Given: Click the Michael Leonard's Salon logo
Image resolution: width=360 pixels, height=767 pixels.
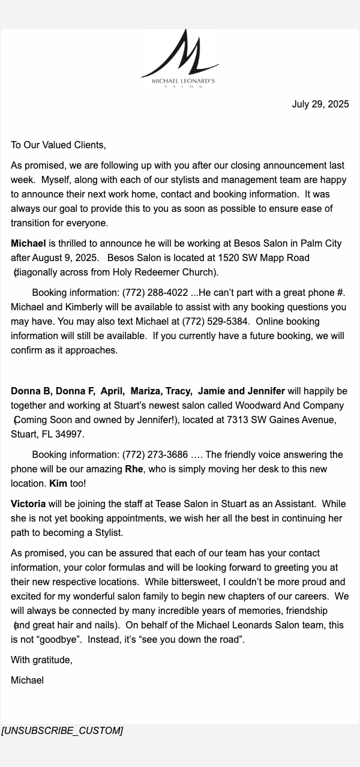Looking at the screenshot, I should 180,59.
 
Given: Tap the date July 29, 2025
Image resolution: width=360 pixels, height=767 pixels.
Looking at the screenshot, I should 320,104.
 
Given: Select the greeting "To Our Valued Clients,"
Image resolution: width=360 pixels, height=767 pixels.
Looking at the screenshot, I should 58,145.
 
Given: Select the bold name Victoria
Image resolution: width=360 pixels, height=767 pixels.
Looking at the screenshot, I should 28,504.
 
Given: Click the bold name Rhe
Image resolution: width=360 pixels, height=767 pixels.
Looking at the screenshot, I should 134,469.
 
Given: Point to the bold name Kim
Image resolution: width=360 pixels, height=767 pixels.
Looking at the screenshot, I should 58,484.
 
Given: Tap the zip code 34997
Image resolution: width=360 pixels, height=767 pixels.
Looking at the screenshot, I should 70,435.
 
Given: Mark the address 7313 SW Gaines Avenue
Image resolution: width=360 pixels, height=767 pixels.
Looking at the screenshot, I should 281,420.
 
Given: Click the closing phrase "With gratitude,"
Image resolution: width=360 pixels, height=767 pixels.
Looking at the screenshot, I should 41,660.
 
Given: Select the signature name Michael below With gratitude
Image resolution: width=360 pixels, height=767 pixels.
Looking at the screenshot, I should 27,681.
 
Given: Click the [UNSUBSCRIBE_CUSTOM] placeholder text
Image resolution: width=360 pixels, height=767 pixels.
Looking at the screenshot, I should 62,731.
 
